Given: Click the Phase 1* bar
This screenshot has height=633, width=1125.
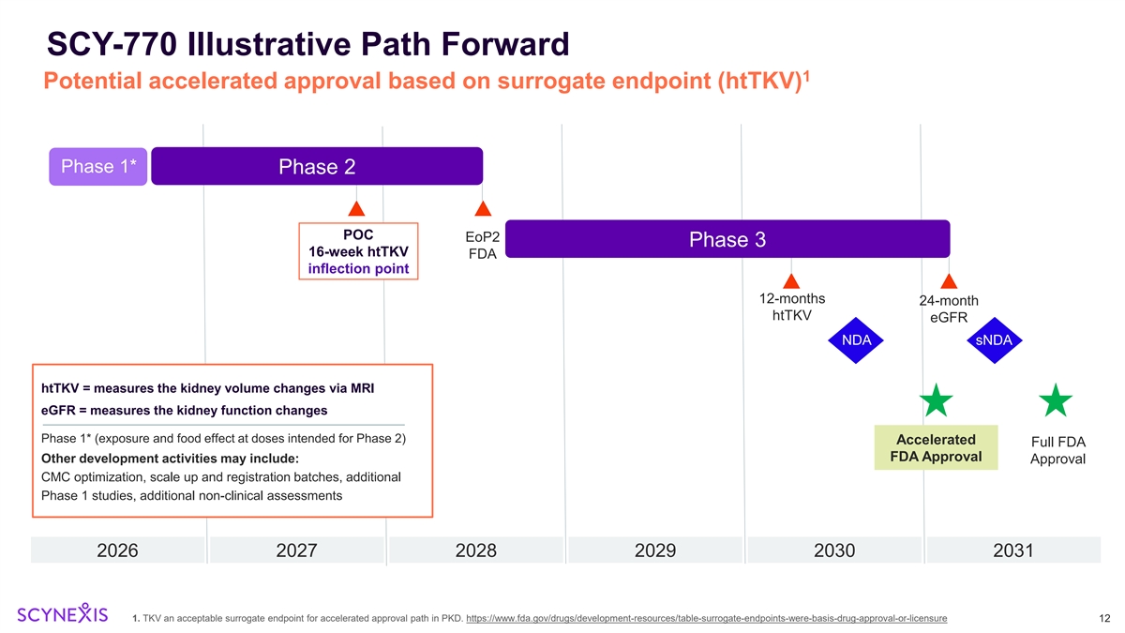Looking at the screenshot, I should (x=98, y=167).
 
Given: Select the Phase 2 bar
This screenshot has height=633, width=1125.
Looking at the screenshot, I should (x=317, y=167).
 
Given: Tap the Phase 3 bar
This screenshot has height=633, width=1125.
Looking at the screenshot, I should (x=727, y=239).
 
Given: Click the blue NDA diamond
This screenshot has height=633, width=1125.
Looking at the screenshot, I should (x=857, y=339).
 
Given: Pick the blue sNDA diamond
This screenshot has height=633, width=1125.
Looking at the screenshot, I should (x=994, y=339).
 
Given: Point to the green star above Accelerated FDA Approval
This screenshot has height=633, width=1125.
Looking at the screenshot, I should (x=936, y=401).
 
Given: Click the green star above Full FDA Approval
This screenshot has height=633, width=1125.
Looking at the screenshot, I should (x=1057, y=401).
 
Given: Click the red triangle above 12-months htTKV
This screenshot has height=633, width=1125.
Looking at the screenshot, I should (x=791, y=280).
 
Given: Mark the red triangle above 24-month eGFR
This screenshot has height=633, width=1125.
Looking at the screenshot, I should (x=949, y=280).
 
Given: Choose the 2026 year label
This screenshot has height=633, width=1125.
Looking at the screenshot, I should (x=118, y=550).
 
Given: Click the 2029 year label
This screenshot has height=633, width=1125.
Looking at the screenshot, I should (x=655, y=550).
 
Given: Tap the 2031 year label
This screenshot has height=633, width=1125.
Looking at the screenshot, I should (x=1012, y=550).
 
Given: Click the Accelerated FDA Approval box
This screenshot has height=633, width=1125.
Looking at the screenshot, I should (x=936, y=448).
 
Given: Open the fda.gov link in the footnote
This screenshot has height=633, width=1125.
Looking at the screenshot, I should (x=705, y=618).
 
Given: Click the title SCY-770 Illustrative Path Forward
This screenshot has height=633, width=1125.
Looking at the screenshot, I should (x=307, y=43).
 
